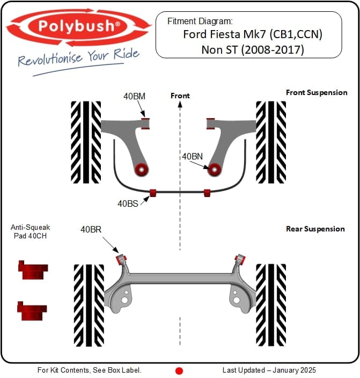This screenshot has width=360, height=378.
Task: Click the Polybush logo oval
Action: [78, 26]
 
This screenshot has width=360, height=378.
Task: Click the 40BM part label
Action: [134, 97]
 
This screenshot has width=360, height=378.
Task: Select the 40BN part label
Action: [192, 157]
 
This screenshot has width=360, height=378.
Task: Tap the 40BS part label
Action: [128, 203]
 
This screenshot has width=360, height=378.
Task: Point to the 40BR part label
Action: [91, 229]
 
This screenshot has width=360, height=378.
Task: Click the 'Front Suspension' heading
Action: [317, 92]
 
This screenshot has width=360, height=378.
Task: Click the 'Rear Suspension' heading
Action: [315, 229]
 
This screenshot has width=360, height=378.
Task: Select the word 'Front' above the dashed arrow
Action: [180, 96]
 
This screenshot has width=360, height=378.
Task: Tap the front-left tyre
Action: [86, 142]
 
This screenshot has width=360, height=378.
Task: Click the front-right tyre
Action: [271, 142]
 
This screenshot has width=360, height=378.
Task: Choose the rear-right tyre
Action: [271, 304]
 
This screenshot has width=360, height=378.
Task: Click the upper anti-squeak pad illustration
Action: [32, 270]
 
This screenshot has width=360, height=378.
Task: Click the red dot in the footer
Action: [180, 370]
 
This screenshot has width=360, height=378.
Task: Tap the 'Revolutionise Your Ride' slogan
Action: [79, 57]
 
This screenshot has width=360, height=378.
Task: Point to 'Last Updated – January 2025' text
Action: [269, 370]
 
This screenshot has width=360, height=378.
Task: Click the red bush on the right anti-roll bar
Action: [207, 192]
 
